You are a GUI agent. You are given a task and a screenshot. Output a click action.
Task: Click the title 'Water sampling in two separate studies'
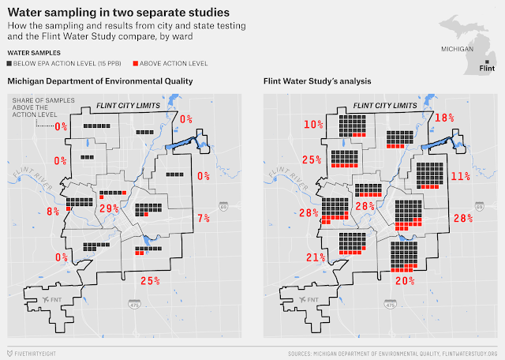(119, 13)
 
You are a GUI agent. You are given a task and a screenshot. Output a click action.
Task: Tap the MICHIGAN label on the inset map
(458, 48)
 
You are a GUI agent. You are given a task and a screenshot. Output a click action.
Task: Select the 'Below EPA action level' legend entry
(60, 63)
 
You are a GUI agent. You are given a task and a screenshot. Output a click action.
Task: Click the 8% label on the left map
(52, 211)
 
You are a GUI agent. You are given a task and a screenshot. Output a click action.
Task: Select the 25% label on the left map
(150, 279)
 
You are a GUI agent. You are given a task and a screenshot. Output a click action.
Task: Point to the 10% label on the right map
(313, 125)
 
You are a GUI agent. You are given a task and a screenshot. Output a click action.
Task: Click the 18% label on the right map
(446, 117)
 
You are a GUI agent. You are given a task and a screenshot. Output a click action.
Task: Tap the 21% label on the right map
(316, 258)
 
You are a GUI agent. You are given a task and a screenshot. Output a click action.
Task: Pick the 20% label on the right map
(405, 280)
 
